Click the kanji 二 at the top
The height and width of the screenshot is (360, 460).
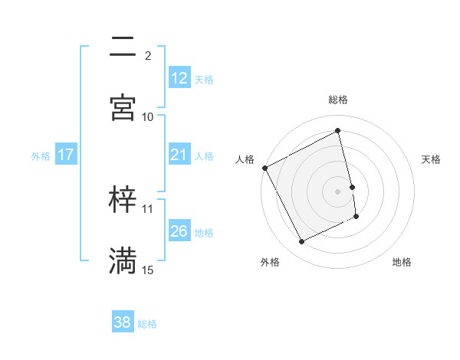[123, 47]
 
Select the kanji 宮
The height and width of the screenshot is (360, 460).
[123, 108]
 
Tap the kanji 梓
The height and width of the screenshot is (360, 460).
[123, 199]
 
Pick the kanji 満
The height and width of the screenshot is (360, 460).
[123, 260]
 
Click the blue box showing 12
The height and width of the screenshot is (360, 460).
[179, 77]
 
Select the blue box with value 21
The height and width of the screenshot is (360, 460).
[179, 155]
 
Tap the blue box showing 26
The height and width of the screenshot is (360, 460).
[179, 231]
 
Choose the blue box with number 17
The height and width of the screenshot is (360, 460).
[66, 155]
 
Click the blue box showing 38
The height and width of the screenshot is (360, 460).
[123, 322]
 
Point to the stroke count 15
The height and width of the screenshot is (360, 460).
[148, 270]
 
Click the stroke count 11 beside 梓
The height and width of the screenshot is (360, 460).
[148, 208]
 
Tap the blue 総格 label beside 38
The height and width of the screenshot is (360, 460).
[147, 324]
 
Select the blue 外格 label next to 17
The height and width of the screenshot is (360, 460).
[41, 155]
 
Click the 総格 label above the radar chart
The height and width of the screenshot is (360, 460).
[338, 100]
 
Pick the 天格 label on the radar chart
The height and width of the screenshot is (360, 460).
[432, 159]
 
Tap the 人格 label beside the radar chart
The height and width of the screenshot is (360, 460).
[245, 159]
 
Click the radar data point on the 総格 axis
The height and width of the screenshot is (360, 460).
[338, 131]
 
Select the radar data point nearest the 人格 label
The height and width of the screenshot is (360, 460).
[265, 168]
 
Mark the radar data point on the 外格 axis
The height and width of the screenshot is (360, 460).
[302, 242]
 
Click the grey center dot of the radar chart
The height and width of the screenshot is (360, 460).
[338, 191]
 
